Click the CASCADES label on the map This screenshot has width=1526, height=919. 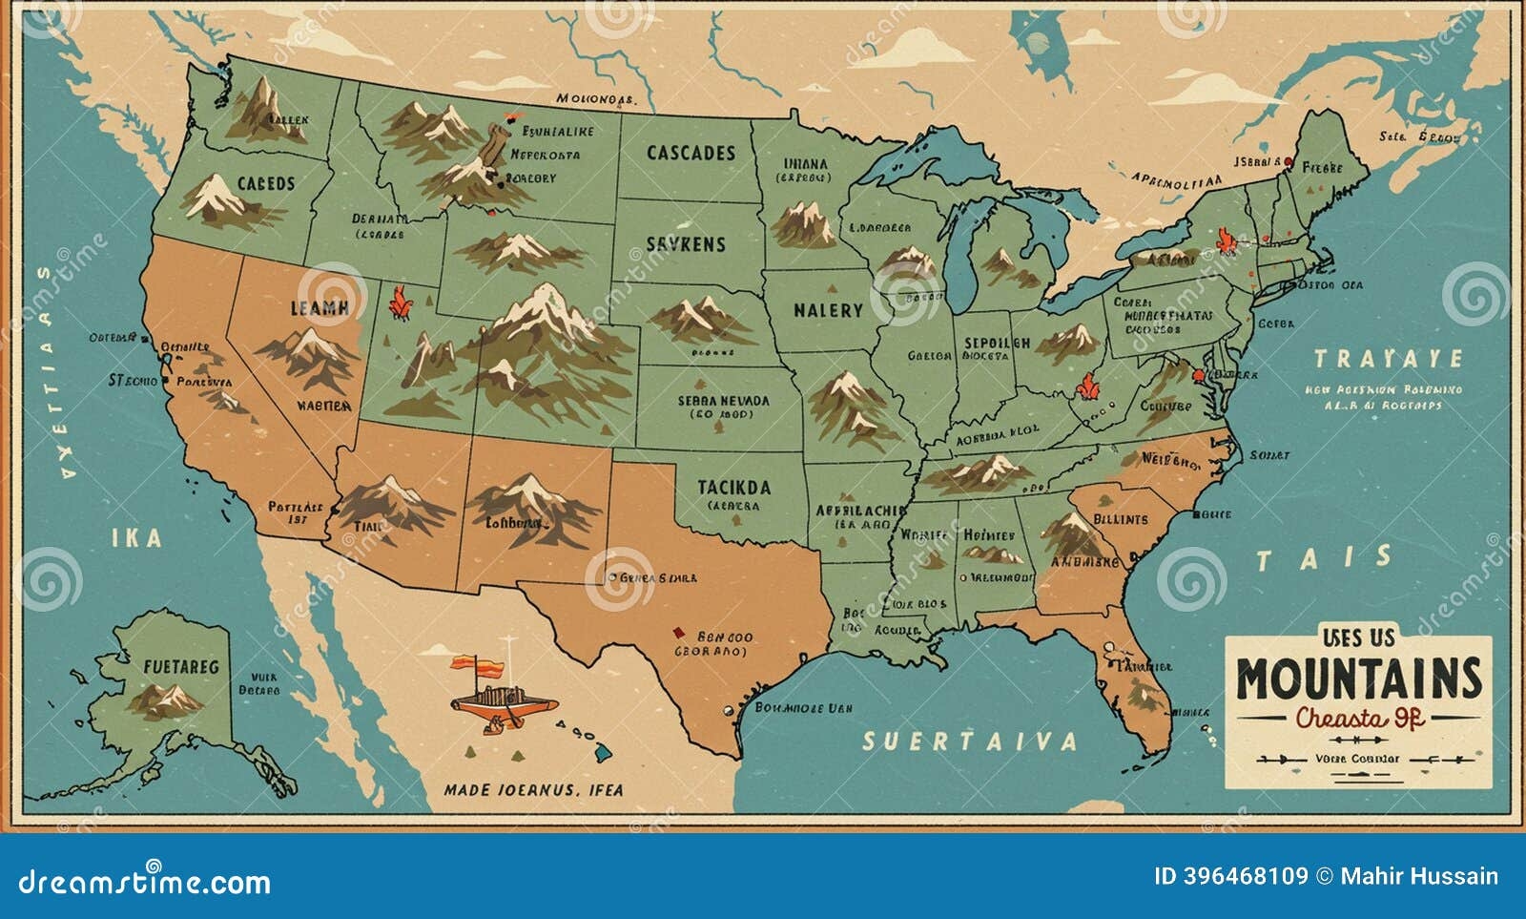(x=691, y=153)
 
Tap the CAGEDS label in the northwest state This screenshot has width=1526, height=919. (x=266, y=183)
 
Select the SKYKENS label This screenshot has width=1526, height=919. (x=685, y=244)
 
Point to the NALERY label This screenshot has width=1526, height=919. (x=827, y=310)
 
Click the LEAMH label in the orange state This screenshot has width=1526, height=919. (x=319, y=308)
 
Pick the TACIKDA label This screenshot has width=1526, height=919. (x=733, y=487)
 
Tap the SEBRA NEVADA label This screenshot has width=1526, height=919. (x=723, y=402)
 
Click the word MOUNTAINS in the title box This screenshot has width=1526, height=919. (x=1359, y=679)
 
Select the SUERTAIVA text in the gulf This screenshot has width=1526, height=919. (x=970, y=741)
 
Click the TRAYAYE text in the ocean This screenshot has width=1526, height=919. (x=1388, y=359)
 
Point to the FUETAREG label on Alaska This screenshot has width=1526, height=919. (x=180, y=666)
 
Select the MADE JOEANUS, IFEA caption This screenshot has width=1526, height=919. (x=533, y=789)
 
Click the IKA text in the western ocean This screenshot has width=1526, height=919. (x=136, y=538)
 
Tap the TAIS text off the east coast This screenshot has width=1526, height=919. (x=1323, y=558)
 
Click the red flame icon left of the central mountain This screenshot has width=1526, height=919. (x=400, y=303)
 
